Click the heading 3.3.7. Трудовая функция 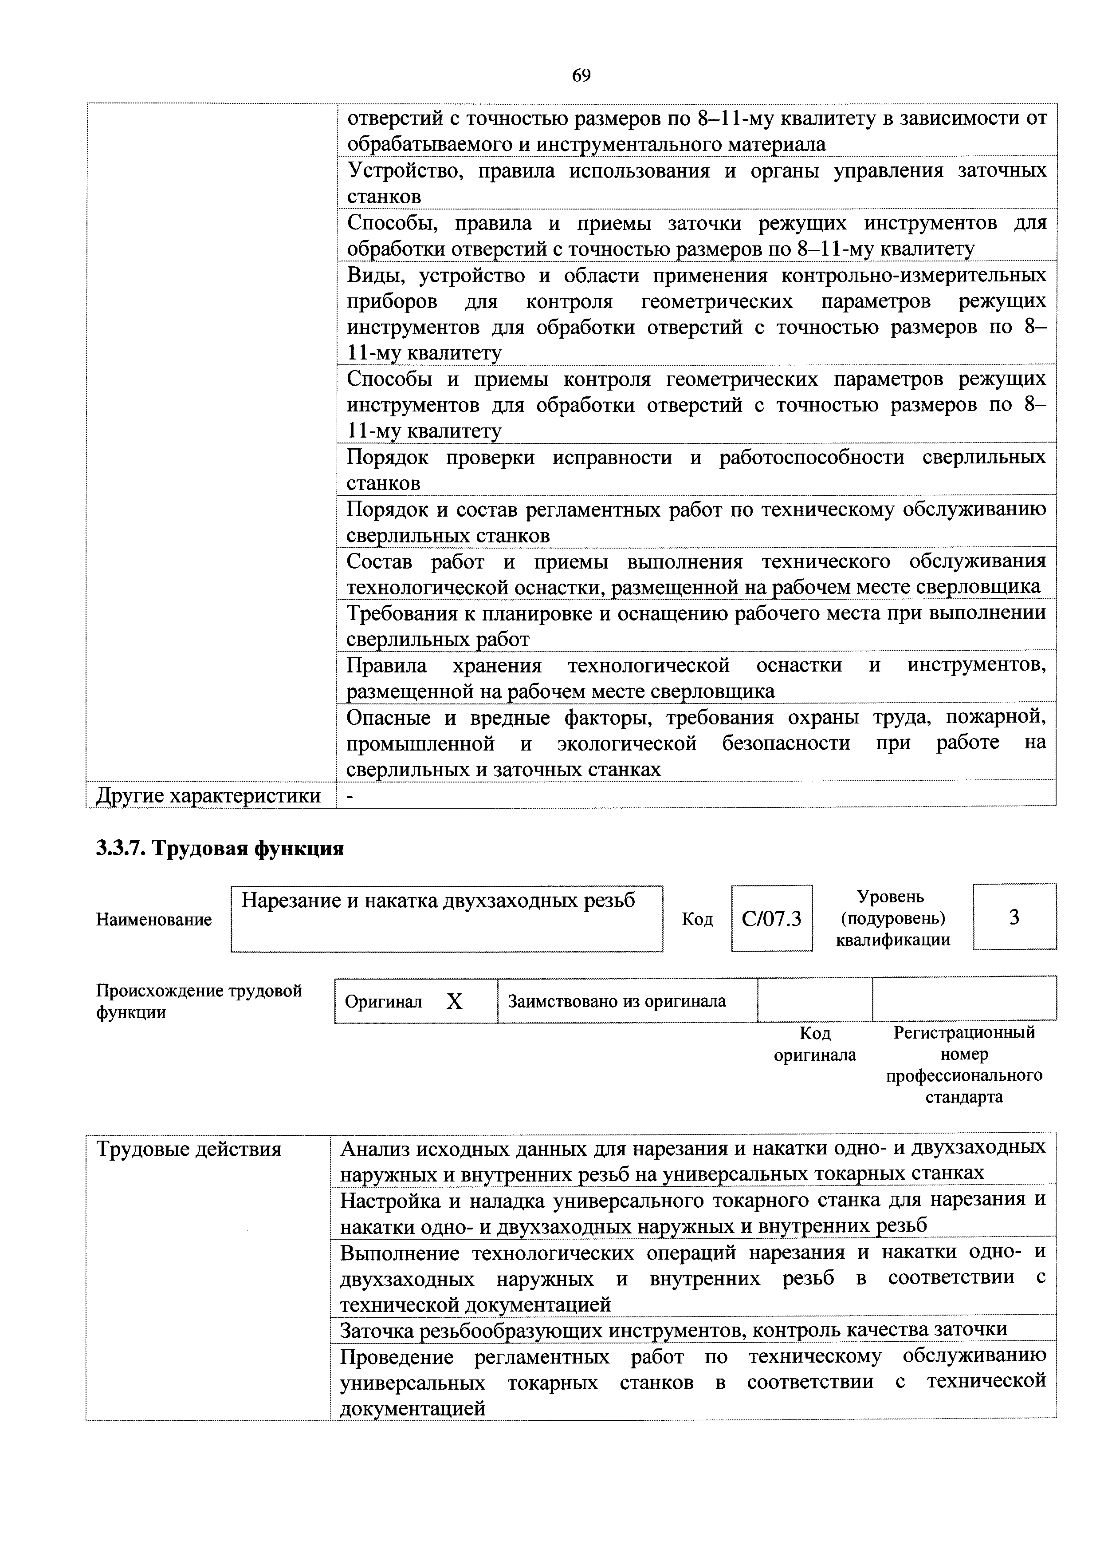click(x=220, y=848)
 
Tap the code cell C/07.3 click(x=771, y=919)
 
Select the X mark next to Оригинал click(x=454, y=1002)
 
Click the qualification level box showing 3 click(x=1014, y=917)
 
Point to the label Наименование click(x=154, y=920)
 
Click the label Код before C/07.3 click(x=697, y=920)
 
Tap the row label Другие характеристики click(x=209, y=795)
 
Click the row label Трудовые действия click(x=189, y=1150)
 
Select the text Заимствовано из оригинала click(x=617, y=1001)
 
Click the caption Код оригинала click(x=815, y=1044)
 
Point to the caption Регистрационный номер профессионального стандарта click(x=964, y=1065)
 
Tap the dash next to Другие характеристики click(x=350, y=796)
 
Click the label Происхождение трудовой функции click(x=199, y=1002)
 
